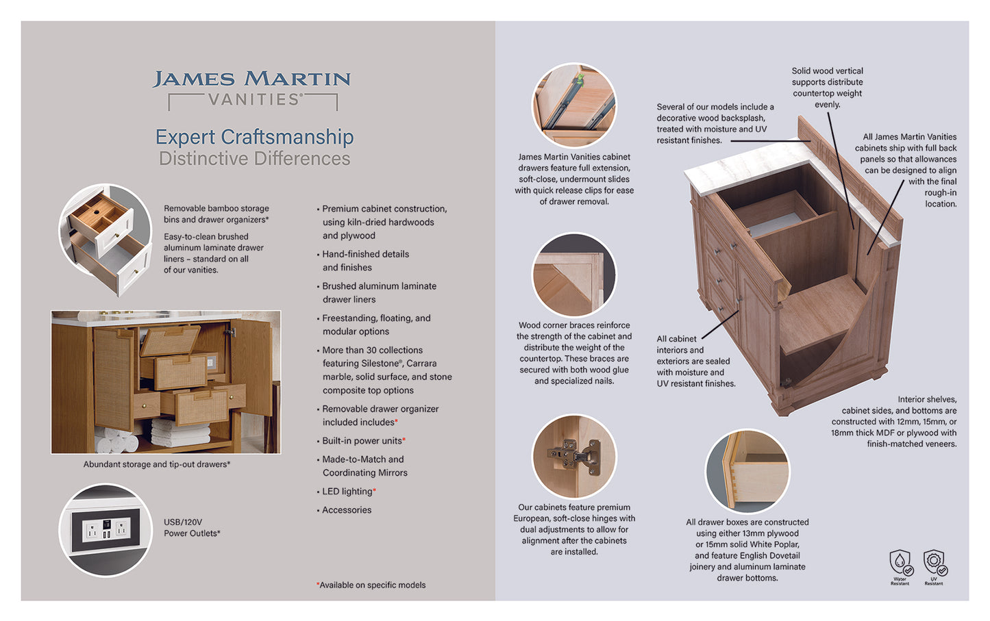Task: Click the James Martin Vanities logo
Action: point(251,89)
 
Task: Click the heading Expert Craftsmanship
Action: point(254,137)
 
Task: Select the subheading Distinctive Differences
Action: point(254,159)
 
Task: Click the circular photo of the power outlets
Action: point(106,530)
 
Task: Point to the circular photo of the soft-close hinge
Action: point(574,456)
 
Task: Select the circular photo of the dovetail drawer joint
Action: point(747,470)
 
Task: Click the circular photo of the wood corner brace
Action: point(574,275)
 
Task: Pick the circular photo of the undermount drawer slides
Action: point(574,105)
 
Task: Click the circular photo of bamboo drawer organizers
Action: point(106,239)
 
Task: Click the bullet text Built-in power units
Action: point(363,441)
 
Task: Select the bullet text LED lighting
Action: point(348,492)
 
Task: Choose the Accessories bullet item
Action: point(347,510)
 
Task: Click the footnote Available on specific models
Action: point(371,585)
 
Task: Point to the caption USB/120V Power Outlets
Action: point(191,528)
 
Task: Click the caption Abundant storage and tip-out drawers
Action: point(156,464)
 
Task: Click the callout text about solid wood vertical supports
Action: point(827,87)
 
